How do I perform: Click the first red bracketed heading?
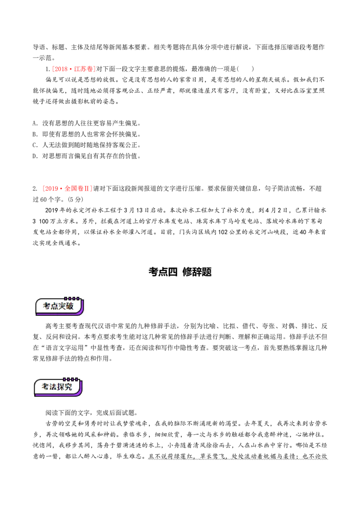tap(74, 69)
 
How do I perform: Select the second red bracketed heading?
tap(67, 189)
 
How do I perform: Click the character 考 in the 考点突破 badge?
tap(47, 306)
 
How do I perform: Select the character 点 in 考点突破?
tap(56, 306)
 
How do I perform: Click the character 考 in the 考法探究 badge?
tap(45, 387)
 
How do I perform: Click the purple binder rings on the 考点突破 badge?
tap(72, 298)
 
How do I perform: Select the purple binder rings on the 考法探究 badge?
tap(71, 380)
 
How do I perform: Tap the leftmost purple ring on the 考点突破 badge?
tap(66, 298)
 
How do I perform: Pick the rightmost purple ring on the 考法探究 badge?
tap(77, 380)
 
